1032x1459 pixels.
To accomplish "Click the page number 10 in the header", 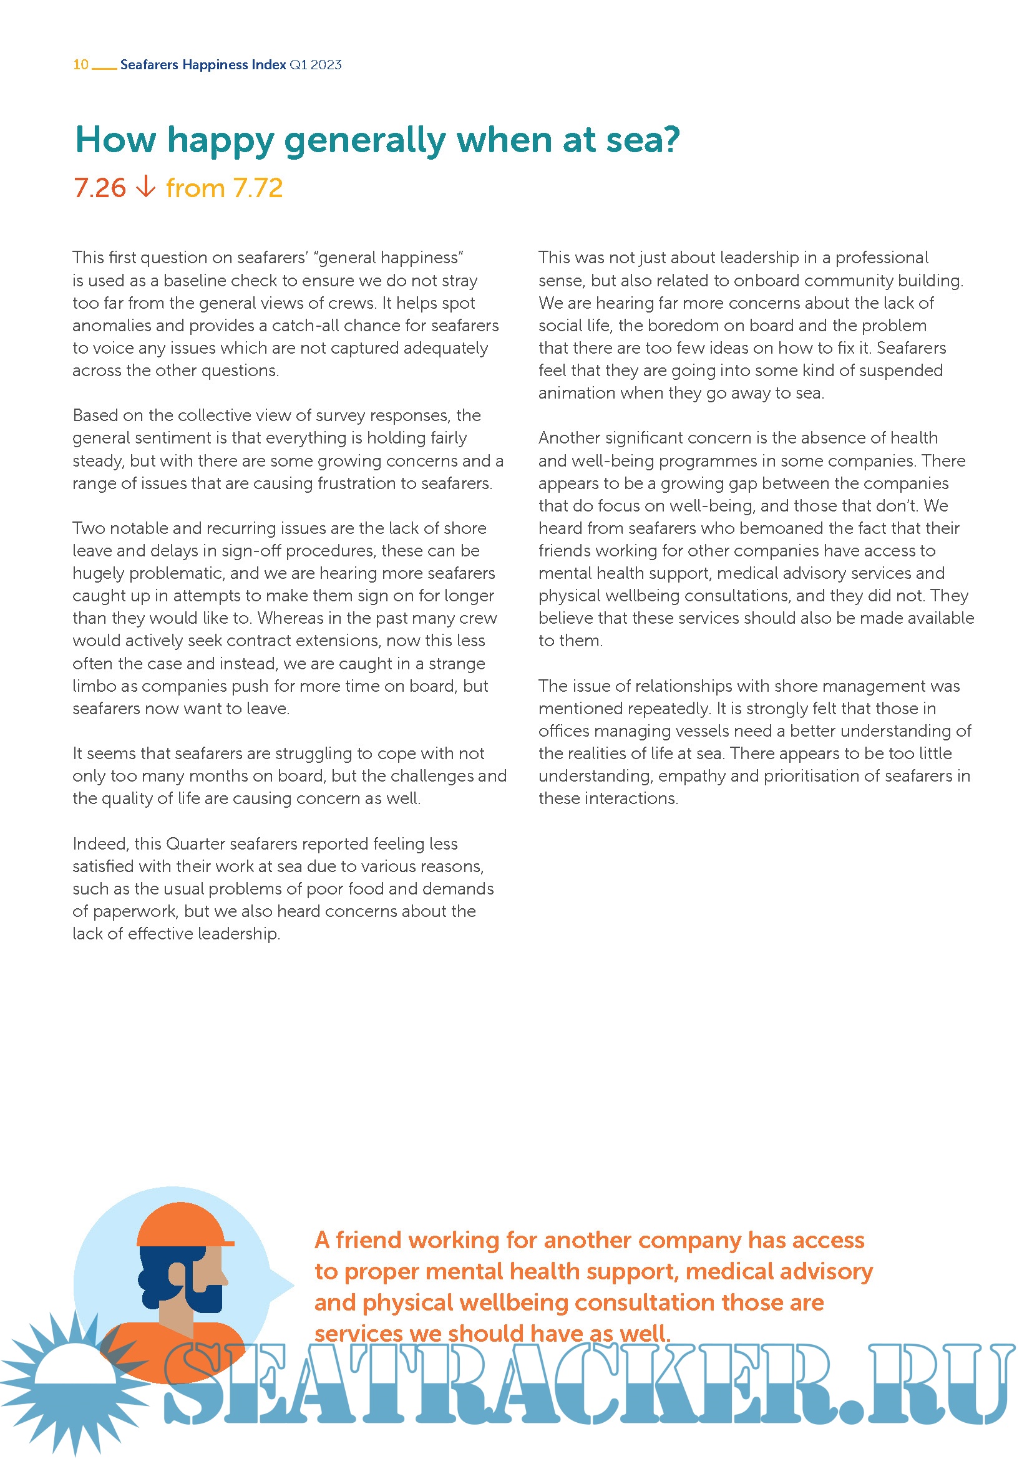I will (80, 64).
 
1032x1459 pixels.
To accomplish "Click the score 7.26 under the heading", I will (100, 188).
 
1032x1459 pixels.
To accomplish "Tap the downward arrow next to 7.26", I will (146, 187).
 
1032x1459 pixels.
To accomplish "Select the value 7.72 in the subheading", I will (257, 188).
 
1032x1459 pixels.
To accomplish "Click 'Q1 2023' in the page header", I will (315, 64).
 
